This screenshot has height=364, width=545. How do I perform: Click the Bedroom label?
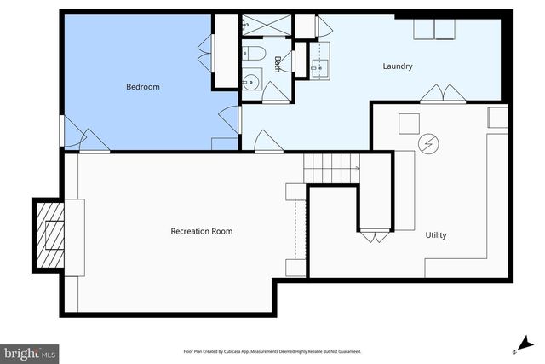(x=143, y=87)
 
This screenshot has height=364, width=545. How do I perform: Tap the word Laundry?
(x=398, y=66)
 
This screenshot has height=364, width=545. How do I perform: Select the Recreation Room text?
(x=202, y=231)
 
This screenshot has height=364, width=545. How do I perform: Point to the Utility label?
(x=435, y=234)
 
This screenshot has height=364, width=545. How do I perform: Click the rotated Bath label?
(x=278, y=64)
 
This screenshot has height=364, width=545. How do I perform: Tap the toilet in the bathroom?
(x=254, y=56)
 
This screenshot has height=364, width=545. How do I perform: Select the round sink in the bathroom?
(x=250, y=83)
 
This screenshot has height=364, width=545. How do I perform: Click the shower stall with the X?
(x=267, y=26)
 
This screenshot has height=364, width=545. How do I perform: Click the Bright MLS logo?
(x=31, y=351)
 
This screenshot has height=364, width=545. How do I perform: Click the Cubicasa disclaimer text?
(x=272, y=351)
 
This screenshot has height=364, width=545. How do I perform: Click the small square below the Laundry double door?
(x=409, y=122)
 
